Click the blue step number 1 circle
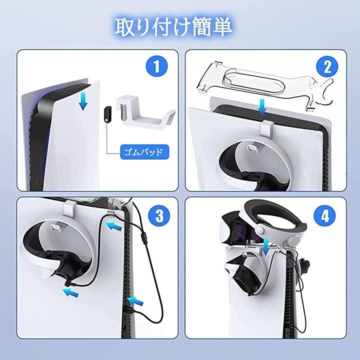point(157,66)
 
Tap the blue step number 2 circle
point(327,67)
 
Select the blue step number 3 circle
point(159,215)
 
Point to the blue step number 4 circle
point(325,215)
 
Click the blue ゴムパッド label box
point(144,152)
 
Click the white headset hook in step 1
point(145,113)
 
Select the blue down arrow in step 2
point(261,107)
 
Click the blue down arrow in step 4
point(265,247)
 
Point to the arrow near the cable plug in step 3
point(70,292)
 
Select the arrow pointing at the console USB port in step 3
point(135,301)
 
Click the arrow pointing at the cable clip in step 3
point(113,226)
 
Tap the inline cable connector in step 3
point(144,239)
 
